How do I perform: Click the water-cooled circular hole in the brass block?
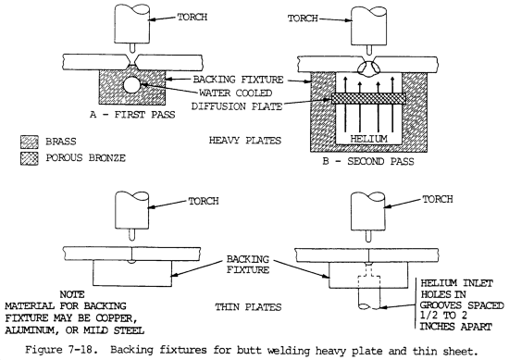pyautogui.click(x=131, y=85)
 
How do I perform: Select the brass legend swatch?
pyautogui.click(x=30, y=143)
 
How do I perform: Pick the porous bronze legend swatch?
pyautogui.click(x=30, y=158)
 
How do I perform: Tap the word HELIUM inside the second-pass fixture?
pyautogui.click(x=368, y=139)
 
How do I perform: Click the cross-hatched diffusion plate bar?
pyautogui.click(x=368, y=98)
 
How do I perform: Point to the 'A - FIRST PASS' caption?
pyautogui.click(x=132, y=115)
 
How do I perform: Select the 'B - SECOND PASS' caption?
pyautogui.click(x=368, y=161)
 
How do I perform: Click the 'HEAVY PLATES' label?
pyautogui.click(x=244, y=141)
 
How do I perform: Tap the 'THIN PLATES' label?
pyautogui.click(x=248, y=307)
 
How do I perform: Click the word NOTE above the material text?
pyautogui.click(x=72, y=294)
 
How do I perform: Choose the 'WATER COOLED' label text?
pyautogui.click(x=235, y=93)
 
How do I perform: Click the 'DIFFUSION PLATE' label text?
pyautogui.click(x=237, y=106)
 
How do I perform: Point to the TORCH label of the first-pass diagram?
pyautogui.click(x=192, y=17)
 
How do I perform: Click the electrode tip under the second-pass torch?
pyautogui.click(x=368, y=50)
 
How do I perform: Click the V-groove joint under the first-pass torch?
pyautogui.click(x=131, y=61)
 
